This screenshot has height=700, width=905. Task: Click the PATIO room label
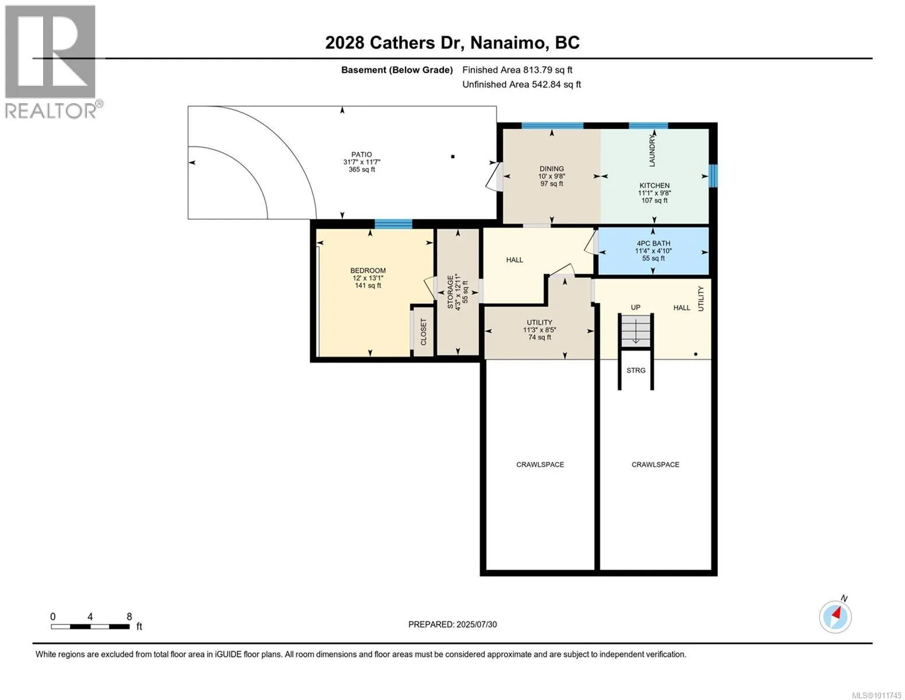click(x=361, y=154)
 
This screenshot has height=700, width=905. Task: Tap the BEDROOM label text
click(x=368, y=271)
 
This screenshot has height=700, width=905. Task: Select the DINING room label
click(x=551, y=169)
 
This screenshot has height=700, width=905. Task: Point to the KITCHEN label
click(x=654, y=185)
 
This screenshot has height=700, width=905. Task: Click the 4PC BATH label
click(x=653, y=243)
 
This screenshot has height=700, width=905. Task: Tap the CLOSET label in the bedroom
click(x=424, y=332)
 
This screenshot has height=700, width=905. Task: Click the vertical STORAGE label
click(x=450, y=292)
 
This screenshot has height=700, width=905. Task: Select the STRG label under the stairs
click(x=636, y=370)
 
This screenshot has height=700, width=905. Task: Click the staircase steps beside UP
click(x=636, y=331)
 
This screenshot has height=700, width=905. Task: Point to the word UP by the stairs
click(x=635, y=307)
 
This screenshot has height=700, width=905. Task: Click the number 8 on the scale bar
click(x=129, y=617)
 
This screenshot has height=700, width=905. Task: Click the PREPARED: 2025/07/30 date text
click(x=452, y=624)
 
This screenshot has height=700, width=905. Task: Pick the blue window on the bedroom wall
click(x=393, y=225)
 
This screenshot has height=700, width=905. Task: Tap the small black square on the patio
click(x=452, y=157)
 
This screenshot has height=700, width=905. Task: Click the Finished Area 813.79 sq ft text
click(x=517, y=70)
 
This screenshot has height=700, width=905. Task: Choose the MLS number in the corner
click(x=876, y=695)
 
